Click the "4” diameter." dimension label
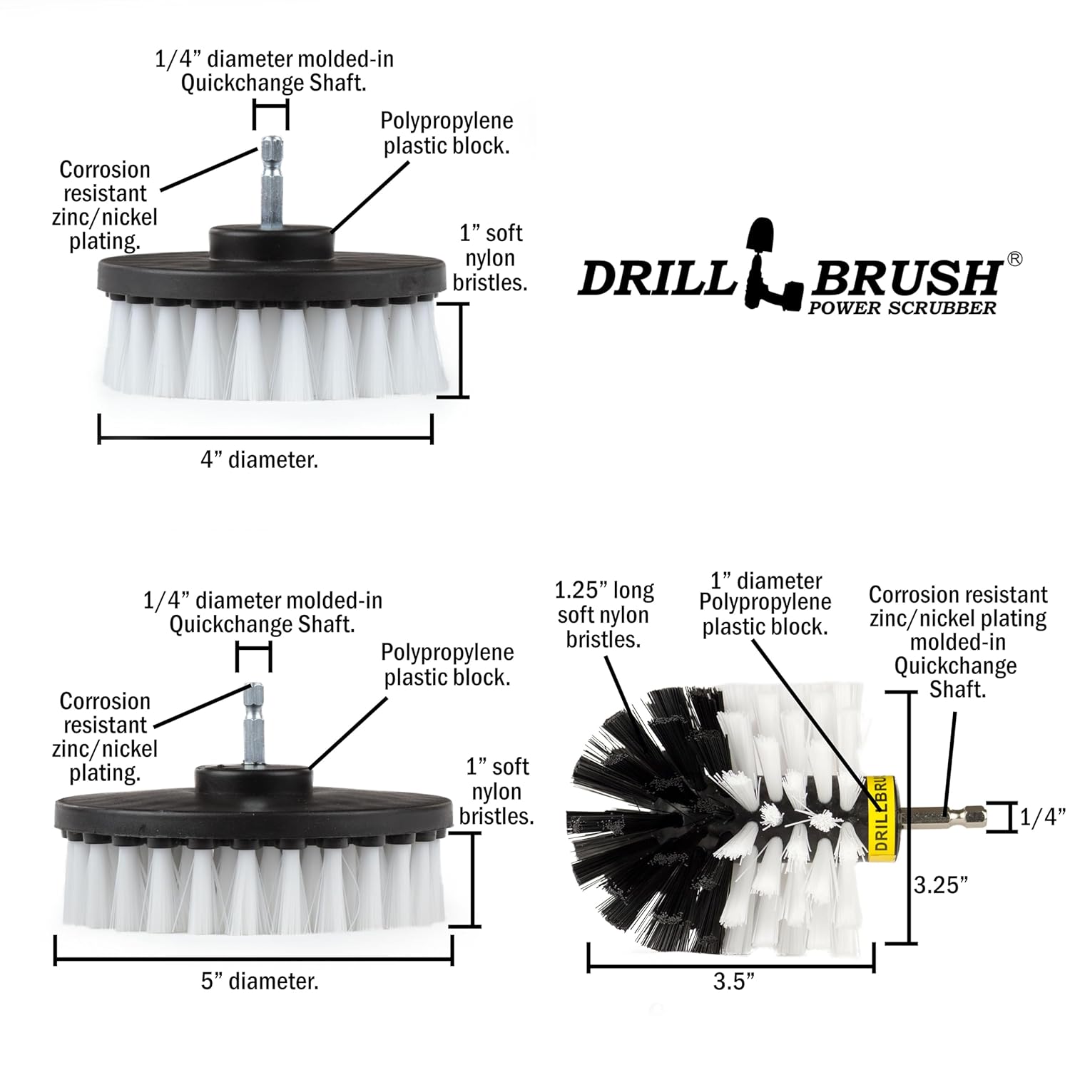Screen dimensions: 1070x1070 (x=259, y=459)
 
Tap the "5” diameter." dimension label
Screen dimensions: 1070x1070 (x=260, y=981)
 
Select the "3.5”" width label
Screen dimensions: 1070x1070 (x=734, y=982)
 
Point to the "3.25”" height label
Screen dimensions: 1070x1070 (x=942, y=885)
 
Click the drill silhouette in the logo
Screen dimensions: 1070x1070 (x=772, y=267)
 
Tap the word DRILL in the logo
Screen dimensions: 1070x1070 (x=656, y=278)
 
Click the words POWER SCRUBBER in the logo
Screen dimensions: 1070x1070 (x=902, y=307)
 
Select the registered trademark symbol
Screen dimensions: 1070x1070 (x=1014, y=260)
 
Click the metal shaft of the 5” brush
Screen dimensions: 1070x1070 (x=253, y=724)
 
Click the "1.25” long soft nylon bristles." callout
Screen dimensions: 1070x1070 (x=603, y=615)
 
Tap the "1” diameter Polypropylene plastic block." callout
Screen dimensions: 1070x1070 (x=765, y=603)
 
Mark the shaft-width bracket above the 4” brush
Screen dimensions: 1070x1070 (x=271, y=115)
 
